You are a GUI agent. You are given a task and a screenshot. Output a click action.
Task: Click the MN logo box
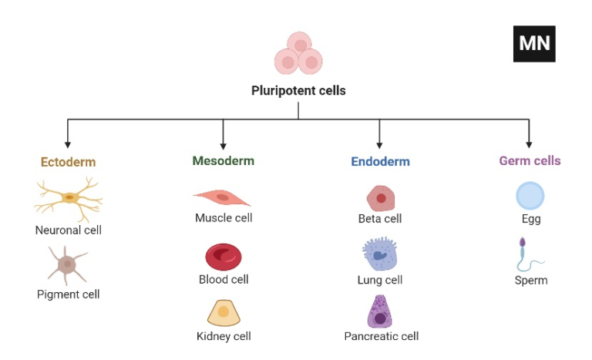[534, 43]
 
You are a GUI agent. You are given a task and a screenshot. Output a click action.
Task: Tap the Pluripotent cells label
[298, 91]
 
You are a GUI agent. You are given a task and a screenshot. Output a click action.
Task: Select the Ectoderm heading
[68, 162]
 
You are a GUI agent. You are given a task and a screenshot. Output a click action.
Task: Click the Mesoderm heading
[223, 161]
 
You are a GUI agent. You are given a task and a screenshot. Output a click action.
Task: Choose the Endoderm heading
[380, 162]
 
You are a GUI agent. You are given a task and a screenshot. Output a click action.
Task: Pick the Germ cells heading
[530, 161]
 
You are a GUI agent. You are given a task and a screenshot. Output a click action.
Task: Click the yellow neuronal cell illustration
[69, 198]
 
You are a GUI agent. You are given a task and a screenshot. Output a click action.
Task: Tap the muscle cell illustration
[222, 197]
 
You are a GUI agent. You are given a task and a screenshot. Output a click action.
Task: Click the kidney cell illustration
[224, 312]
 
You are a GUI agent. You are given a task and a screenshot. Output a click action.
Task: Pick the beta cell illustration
[380, 198]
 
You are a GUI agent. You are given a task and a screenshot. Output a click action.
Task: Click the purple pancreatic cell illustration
[380, 312]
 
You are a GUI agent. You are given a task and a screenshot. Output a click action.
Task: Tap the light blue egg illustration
[530, 196]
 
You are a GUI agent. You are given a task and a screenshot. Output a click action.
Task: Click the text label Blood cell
[224, 279]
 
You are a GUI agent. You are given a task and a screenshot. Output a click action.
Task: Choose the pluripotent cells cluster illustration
[298, 54]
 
